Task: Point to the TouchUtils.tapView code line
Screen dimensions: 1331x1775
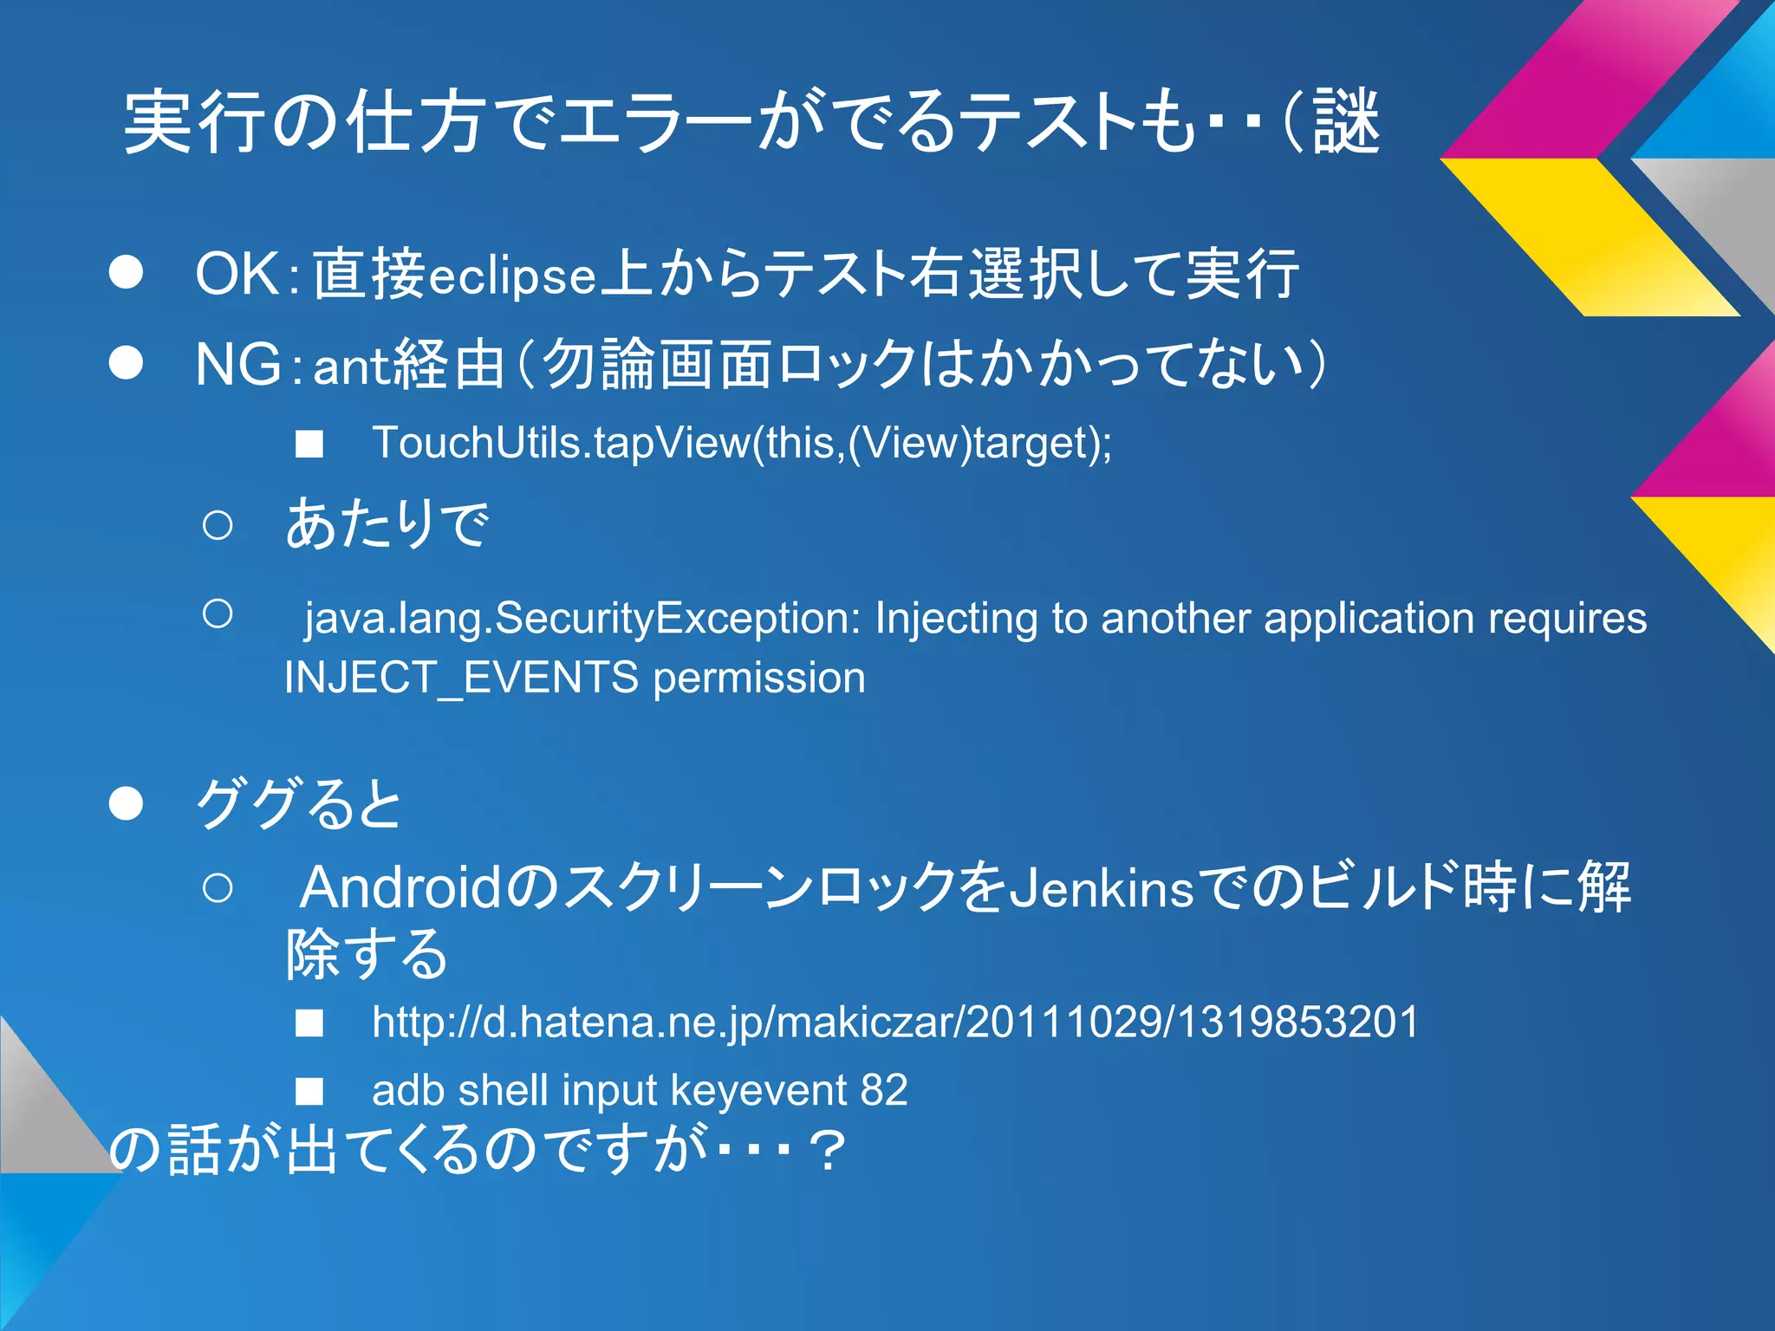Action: point(741,443)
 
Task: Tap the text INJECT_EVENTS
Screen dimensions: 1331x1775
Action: point(461,678)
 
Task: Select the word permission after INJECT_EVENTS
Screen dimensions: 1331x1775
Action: point(759,678)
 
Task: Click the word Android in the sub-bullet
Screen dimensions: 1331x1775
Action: point(400,888)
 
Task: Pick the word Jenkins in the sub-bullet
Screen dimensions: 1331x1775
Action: point(1102,888)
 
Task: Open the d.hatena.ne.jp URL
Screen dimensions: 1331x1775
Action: point(895,1022)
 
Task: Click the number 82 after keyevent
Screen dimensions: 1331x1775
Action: point(884,1089)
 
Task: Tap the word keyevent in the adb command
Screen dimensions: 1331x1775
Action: point(758,1091)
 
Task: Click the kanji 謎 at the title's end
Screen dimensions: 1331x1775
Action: point(1345,122)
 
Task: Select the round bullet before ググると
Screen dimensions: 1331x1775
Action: point(126,804)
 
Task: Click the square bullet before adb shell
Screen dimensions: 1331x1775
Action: point(309,1091)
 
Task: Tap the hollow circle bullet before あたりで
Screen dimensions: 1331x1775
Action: point(217,525)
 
